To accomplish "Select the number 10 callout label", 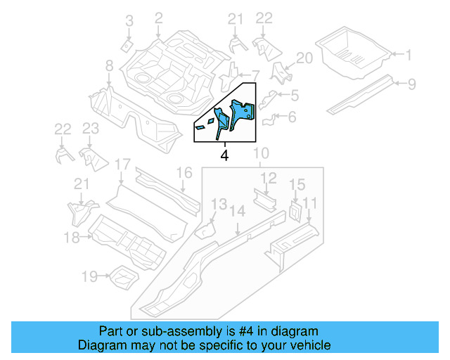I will [261, 154].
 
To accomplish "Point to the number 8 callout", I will [109, 66].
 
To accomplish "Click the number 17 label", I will [122, 165].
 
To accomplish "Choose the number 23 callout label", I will [90, 129].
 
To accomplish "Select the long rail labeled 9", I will [362, 94].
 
